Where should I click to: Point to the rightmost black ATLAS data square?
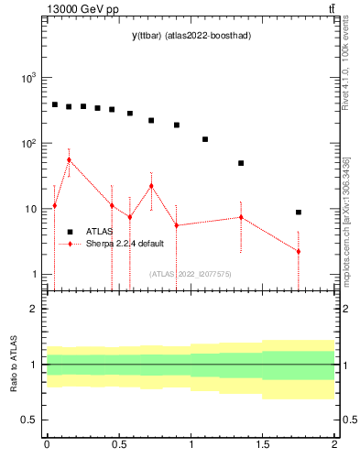click(299, 213)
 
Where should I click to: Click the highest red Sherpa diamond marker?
click(69, 159)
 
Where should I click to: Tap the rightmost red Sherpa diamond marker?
click(299, 251)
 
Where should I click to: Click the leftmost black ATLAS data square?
click(55, 104)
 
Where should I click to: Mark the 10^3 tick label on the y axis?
click(27, 79)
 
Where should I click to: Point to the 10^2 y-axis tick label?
click(27, 144)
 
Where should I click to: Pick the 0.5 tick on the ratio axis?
click(29, 420)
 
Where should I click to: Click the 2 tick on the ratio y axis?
click(34, 310)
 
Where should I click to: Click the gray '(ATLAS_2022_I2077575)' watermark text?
click(191, 273)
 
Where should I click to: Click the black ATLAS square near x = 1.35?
click(241, 163)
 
